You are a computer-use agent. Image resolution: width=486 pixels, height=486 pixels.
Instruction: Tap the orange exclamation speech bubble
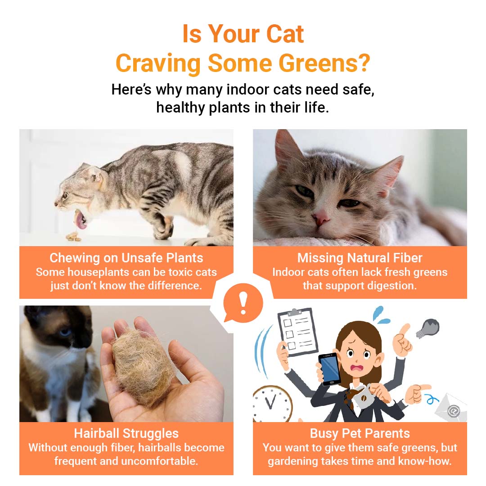[x=243, y=302]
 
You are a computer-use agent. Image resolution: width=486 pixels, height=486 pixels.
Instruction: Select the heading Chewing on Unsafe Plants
[x=126, y=258]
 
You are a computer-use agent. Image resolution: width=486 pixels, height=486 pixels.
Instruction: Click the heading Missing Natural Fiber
[x=360, y=258]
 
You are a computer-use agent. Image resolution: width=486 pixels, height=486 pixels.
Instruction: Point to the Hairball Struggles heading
[x=126, y=433]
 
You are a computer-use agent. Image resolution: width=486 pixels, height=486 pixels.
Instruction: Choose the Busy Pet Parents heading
[x=360, y=433]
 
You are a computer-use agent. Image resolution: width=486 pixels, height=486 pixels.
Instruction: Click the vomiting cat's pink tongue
[x=80, y=220]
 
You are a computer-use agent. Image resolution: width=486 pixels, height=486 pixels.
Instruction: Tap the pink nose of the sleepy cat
[x=320, y=218]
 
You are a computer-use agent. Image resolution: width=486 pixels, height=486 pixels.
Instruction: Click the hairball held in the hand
[x=144, y=366]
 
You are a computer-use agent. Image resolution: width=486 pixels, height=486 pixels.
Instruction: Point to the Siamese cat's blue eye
[x=65, y=333]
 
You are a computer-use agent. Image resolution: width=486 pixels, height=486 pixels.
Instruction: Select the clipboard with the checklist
[x=297, y=332]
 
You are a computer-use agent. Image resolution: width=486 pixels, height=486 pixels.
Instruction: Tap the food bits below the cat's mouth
[x=73, y=237]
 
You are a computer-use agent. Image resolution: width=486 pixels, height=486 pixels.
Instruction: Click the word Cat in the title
[x=285, y=34]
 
